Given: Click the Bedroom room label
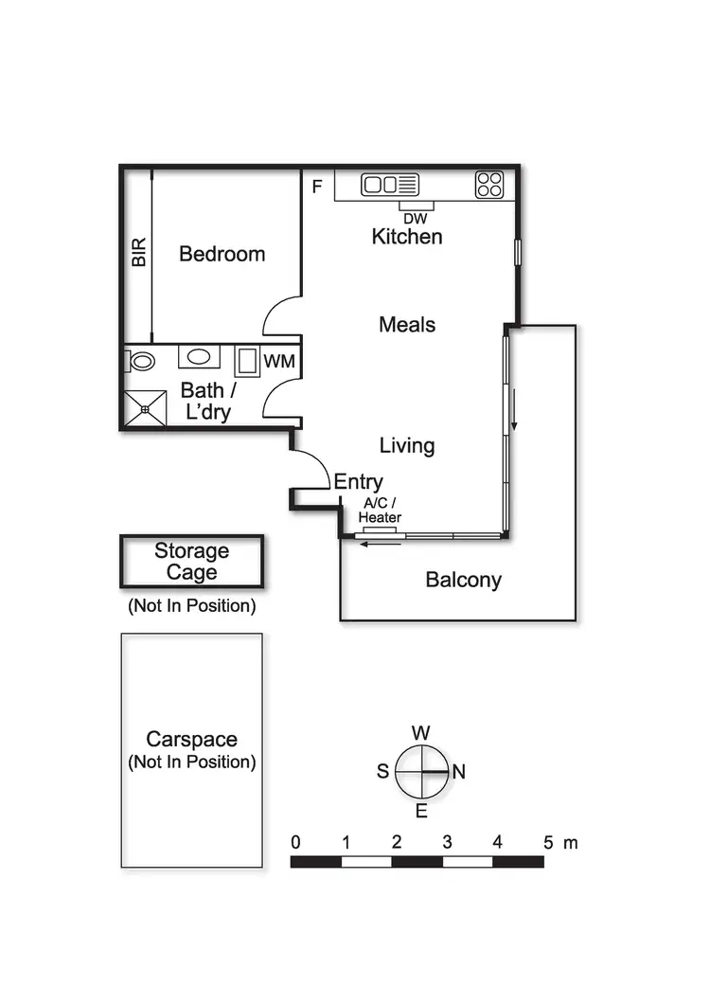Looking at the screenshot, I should click(x=222, y=254).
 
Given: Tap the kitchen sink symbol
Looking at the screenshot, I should click(x=390, y=185).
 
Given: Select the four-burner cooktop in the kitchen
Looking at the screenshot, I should click(x=488, y=185).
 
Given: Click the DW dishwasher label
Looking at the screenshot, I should click(x=416, y=218).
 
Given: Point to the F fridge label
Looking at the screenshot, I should click(x=317, y=186).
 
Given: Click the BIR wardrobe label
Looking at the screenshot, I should click(x=139, y=251).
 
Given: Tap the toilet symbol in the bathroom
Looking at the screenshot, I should click(x=142, y=361).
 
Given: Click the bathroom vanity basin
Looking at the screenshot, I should click(x=198, y=357).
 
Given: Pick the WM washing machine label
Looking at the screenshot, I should click(x=278, y=361).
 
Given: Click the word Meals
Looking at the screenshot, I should click(x=407, y=325).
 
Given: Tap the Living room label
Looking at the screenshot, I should click(x=407, y=445).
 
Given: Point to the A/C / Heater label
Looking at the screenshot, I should click(x=380, y=511).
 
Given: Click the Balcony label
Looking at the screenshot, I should click(x=463, y=580).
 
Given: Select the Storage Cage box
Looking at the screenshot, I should click(x=191, y=562).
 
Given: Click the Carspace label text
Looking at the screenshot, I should click(x=191, y=740).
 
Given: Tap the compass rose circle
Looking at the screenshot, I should click(x=421, y=771).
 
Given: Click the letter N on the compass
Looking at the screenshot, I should click(x=459, y=772).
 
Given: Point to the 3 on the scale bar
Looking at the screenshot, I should click(x=447, y=842).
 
